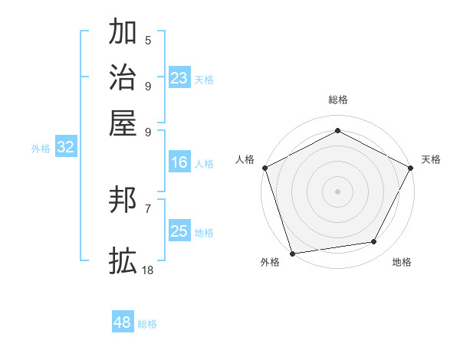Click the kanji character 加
pyautogui.click(x=123, y=33)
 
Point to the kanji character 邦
pyautogui.click(x=123, y=201)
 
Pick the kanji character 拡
pyautogui.click(x=123, y=260)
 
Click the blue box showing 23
pyautogui.click(x=179, y=78)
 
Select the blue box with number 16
pyautogui.click(x=179, y=162)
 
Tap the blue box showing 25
pyautogui.click(x=179, y=231)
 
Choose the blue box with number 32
pyautogui.click(x=65, y=148)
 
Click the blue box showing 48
pyautogui.click(x=122, y=322)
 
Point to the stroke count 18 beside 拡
pyautogui.click(x=148, y=270)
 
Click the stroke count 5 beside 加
pyautogui.click(x=148, y=40)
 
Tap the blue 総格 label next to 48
pyautogui.click(x=147, y=324)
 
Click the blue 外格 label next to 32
pyautogui.click(x=41, y=149)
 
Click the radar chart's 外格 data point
pyautogui.click(x=293, y=253)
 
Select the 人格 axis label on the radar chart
pyautogui.click(x=245, y=159)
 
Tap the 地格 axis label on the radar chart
pyautogui.click(x=402, y=263)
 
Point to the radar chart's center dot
pyautogui.click(x=337, y=191)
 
